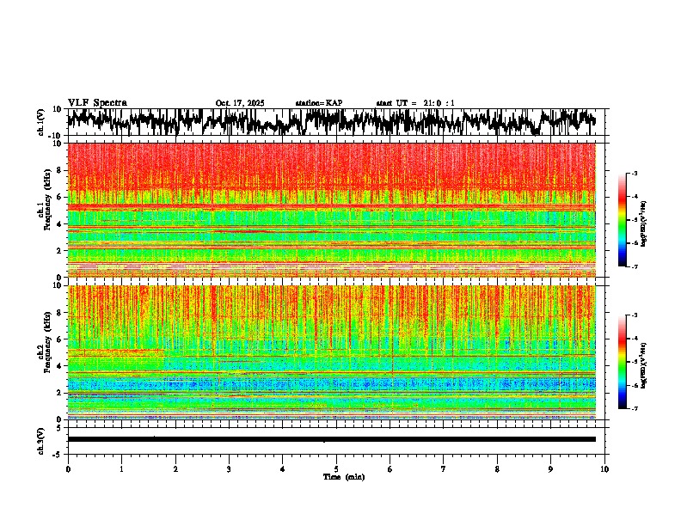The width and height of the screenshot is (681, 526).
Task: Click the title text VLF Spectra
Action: (x=96, y=102)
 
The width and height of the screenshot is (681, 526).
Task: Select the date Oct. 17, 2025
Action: (x=240, y=103)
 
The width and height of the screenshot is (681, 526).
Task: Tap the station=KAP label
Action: (x=318, y=103)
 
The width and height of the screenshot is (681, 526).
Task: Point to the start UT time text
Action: (x=415, y=103)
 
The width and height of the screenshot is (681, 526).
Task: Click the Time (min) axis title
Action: (x=343, y=476)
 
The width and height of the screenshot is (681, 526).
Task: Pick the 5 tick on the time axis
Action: (x=336, y=468)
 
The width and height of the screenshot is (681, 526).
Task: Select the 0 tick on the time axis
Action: (x=68, y=468)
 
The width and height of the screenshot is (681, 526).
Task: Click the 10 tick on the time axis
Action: (x=604, y=468)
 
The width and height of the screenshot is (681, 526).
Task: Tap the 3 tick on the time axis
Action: (x=229, y=468)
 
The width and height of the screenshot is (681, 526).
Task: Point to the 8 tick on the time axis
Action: (x=497, y=468)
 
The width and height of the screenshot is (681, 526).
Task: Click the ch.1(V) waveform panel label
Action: (x=41, y=122)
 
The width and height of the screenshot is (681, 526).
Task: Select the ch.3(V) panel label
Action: (x=41, y=438)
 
